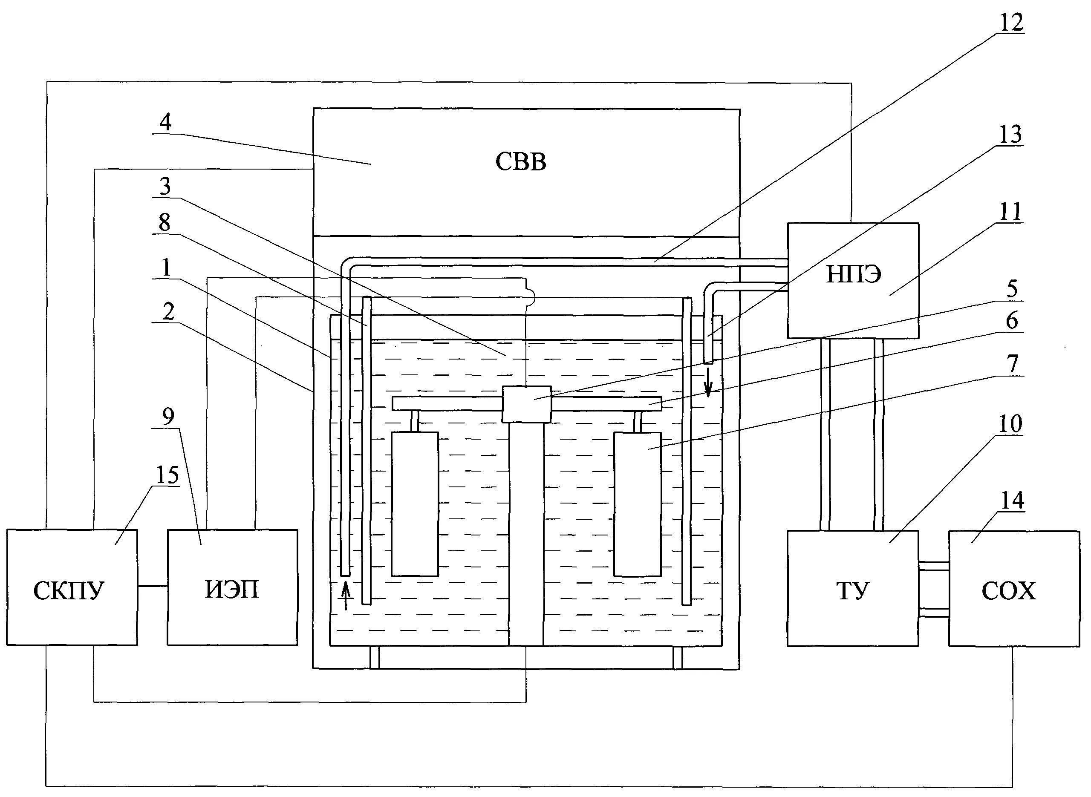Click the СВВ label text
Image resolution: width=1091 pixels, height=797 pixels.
521,162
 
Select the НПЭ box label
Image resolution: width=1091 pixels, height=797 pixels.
854,274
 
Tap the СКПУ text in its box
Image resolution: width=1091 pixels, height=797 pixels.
69,590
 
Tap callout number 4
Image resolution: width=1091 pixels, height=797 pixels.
165,122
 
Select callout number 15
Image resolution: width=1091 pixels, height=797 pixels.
167,475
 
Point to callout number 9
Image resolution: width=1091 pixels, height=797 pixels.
168,416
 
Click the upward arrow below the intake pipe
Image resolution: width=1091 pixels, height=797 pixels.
346,596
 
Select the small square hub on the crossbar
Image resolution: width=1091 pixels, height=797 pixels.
526,404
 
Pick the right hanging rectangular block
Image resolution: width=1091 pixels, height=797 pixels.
637,504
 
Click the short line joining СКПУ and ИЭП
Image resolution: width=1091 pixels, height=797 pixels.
153,586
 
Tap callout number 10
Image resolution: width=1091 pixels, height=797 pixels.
1010,424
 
